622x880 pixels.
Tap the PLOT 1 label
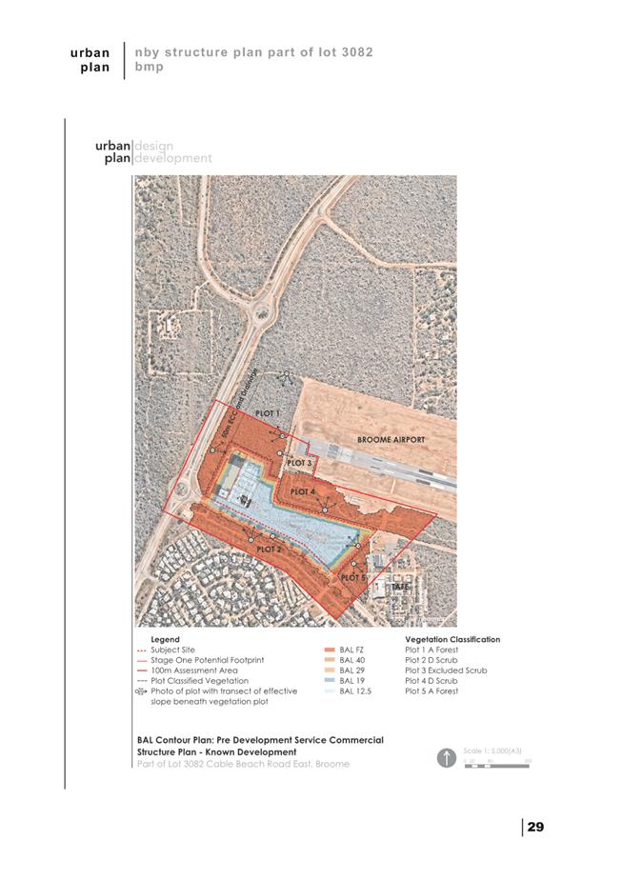268,414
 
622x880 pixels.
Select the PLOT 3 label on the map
299,463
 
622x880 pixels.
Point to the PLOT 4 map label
303,491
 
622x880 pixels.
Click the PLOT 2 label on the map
270,550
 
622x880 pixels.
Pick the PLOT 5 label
352,577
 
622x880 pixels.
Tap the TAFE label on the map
401,587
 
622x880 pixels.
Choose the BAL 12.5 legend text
355,691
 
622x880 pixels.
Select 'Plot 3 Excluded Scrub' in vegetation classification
446,670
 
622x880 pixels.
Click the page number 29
535,827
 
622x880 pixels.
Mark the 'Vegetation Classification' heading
452,639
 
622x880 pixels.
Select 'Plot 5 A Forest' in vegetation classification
431,691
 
